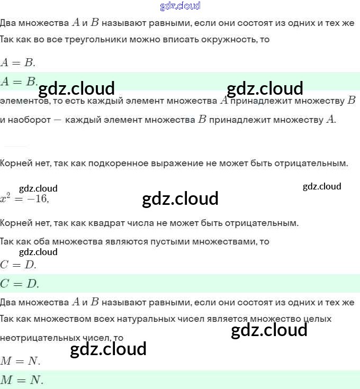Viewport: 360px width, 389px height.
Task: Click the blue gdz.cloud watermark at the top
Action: (x=180, y=6)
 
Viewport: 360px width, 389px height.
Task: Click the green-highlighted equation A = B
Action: (x=19, y=82)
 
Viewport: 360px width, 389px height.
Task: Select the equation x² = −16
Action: (x=24, y=198)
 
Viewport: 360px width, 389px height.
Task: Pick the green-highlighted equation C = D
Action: (x=20, y=284)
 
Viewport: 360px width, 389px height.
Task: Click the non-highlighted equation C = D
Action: (x=18, y=265)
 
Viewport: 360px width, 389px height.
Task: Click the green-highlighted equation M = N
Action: (x=22, y=380)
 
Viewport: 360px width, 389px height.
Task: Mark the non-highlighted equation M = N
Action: (x=20, y=361)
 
